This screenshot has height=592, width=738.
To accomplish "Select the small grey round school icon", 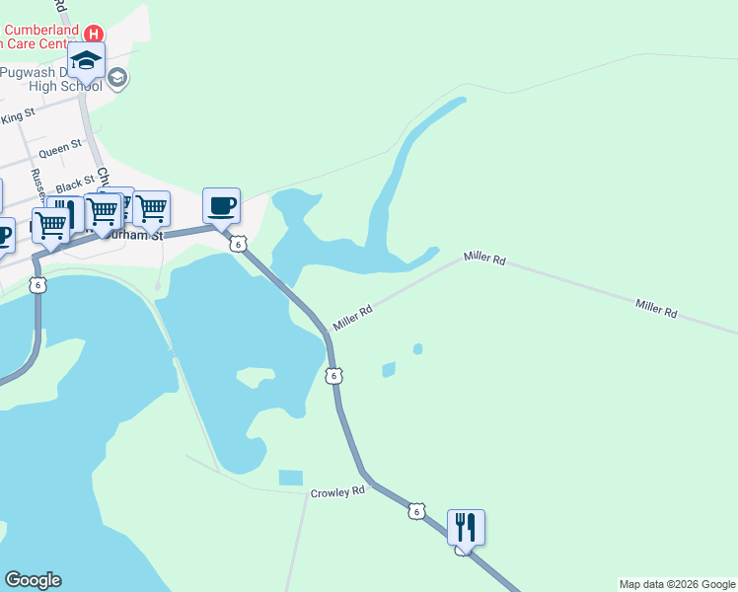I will pyautogui.click(x=117, y=78).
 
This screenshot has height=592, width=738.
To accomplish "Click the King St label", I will pyautogui.click(x=18, y=117).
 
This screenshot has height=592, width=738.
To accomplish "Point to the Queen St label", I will pyautogui.click(x=59, y=151).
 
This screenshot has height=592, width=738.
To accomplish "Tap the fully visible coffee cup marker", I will pyautogui.click(x=221, y=205).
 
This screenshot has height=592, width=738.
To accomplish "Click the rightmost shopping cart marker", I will pyautogui.click(x=151, y=208).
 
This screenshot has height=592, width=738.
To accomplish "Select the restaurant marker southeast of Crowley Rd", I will pyautogui.click(x=466, y=527).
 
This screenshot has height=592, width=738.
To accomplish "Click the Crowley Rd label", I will pyautogui.click(x=337, y=490).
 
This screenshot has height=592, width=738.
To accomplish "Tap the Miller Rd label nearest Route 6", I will pyautogui.click(x=352, y=318).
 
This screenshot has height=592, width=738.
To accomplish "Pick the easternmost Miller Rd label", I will pyautogui.click(x=656, y=309).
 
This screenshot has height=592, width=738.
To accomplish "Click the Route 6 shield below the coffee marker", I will pyautogui.click(x=238, y=245).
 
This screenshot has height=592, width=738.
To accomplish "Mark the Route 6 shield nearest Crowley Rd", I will pyautogui.click(x=417, y=510).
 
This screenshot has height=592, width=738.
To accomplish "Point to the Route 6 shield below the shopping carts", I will pyautogui.click(x=37, y=285).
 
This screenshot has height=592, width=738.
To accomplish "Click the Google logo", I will pyautogui.click(x=33, y=580).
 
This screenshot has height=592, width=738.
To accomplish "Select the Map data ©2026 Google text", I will pyautogui.click(x=677, y=584).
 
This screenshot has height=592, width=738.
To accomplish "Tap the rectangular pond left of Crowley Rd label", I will pyautogui.click(x=290, y=478).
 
